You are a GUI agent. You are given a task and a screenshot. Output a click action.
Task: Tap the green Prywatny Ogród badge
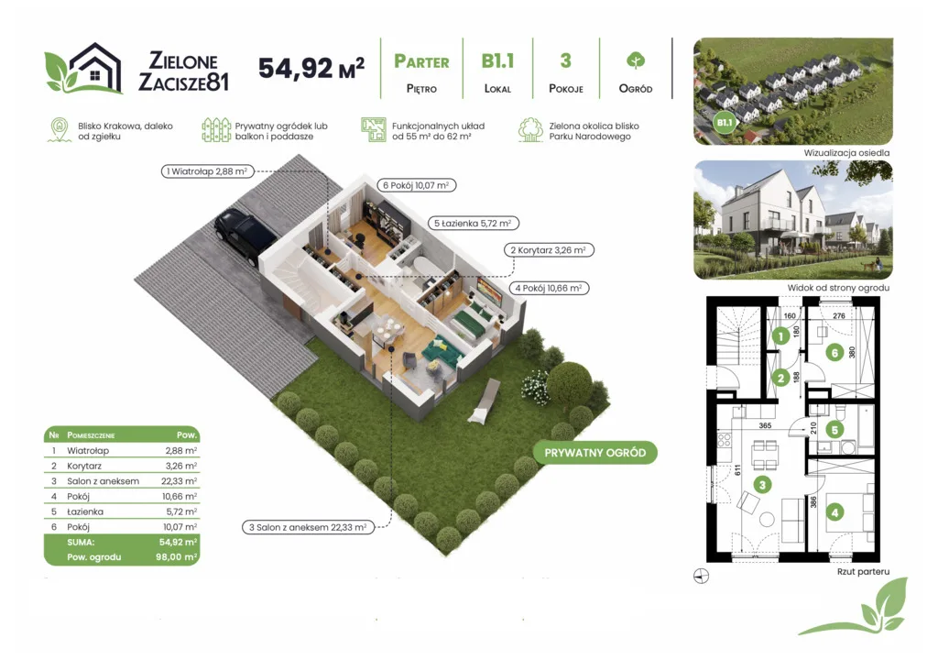point(594,453)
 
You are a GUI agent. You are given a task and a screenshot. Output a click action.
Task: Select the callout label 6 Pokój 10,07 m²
point(417,186)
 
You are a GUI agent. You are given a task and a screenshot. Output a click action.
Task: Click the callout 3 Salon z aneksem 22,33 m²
point(308,528)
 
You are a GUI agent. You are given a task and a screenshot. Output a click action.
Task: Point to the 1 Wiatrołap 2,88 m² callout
point(208,171)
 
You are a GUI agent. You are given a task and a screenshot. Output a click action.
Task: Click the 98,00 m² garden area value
point(177,557)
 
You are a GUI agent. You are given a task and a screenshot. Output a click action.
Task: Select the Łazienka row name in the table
point(85,512)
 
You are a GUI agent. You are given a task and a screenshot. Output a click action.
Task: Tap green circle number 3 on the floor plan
point(762,485)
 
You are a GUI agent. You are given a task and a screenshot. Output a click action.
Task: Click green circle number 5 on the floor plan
point(834,429)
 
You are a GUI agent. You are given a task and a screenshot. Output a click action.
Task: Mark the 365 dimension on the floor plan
point(765,426)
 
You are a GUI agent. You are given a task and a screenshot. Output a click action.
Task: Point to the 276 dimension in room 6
point(839,315)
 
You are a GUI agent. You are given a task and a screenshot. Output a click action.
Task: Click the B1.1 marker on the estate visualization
point(725,122)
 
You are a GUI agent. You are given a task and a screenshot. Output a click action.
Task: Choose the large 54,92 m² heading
point(311,68)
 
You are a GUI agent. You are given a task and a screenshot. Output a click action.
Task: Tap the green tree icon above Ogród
point(636,60)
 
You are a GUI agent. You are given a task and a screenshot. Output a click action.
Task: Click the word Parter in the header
point(421,61)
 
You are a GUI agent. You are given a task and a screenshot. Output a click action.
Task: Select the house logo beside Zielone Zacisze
point(83,68)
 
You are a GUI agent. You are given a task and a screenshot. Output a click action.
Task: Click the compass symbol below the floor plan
point(701,577)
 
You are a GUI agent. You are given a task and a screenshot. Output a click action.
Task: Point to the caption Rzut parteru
point(863,572)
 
